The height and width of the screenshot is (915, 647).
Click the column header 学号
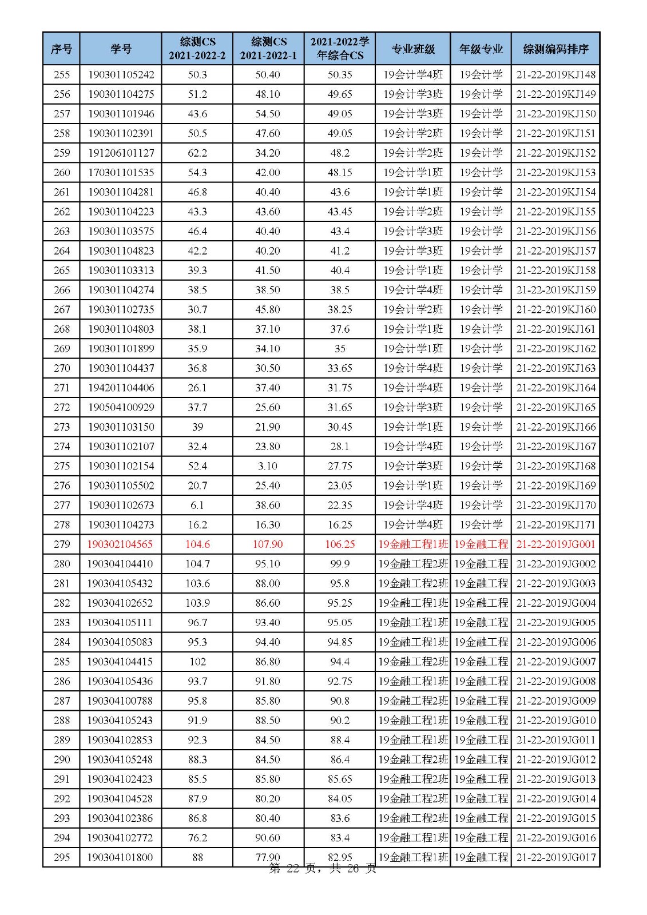[x=121, y=49]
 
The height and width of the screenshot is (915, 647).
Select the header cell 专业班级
[x=413, y=49]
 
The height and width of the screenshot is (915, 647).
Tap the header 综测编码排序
[x=555, y=49]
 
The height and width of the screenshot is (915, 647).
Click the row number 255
[x=62, y=75]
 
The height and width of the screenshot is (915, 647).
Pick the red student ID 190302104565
[x=120, y=544]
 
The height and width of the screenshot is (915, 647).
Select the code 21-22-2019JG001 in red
[x=555, y=544]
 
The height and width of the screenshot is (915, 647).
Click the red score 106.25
[x=340, y=544]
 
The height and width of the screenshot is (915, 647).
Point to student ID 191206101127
[x=121, y=153]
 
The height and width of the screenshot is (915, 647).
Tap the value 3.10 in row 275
[x=268, y=466]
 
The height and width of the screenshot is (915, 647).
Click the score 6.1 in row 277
[x=197, y=505]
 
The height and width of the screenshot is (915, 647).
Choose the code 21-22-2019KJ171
[x=555, y=525]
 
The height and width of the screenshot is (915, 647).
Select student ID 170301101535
[x=121, y=173]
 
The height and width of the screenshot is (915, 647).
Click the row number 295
[x=62, y=857]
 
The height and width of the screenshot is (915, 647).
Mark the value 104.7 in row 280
[x=197, y=564]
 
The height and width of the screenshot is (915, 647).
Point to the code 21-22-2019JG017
[x=555, y=857]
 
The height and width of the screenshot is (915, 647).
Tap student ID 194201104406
[x=121, y=388]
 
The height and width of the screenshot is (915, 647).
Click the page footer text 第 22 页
[x=292, y=869]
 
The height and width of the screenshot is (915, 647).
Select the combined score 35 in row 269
[x=340, y=349]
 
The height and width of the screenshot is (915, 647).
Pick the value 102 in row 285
[x=197, y=662]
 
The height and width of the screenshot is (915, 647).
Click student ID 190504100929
[x=121, y=407]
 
